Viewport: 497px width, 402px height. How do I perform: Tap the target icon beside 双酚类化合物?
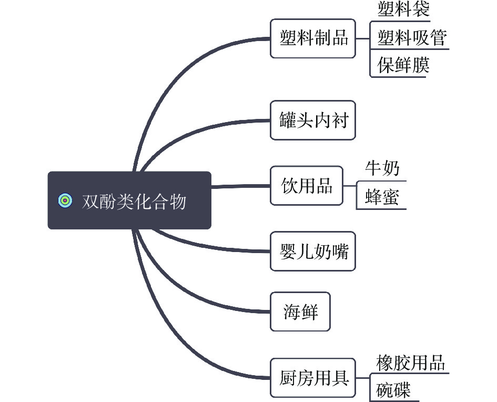65,200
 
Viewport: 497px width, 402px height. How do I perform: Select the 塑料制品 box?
313,38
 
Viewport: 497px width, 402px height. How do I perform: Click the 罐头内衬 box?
313,120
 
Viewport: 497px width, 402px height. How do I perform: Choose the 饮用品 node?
306,186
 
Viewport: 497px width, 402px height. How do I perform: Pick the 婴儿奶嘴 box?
313,252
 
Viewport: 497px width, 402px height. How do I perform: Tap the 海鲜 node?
300,311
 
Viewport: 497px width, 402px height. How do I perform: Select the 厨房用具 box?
313,378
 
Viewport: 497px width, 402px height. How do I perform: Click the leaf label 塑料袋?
403,9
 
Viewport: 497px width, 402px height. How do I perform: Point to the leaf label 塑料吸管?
412,38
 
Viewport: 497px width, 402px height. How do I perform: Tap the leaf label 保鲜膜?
403,65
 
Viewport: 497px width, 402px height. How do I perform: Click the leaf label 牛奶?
382,168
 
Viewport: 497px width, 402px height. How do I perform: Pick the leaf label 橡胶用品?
411,363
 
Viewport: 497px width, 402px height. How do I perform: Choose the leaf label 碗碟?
393,390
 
